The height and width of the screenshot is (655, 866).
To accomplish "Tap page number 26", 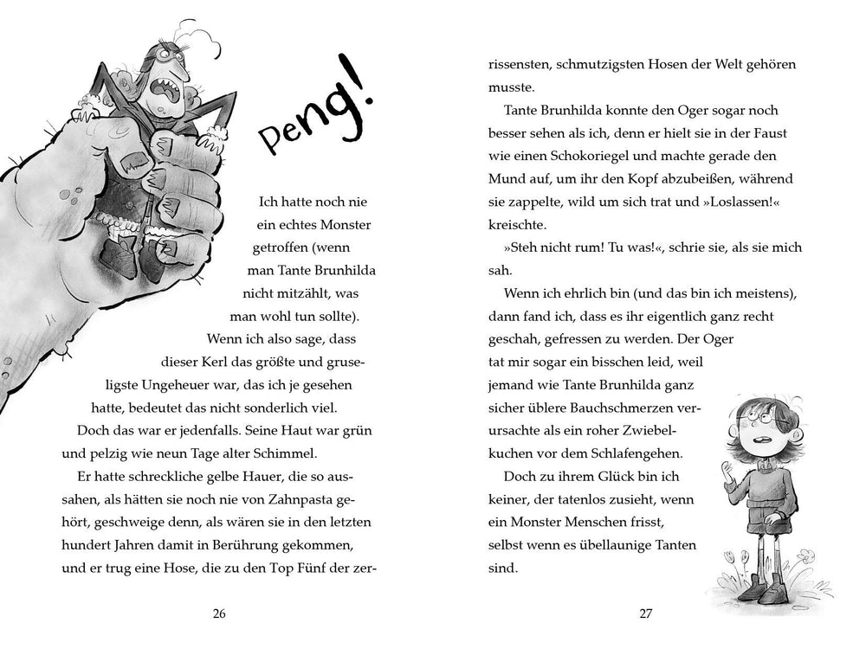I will pos(218,613).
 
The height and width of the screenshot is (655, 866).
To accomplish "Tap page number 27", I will pos(644,613).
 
